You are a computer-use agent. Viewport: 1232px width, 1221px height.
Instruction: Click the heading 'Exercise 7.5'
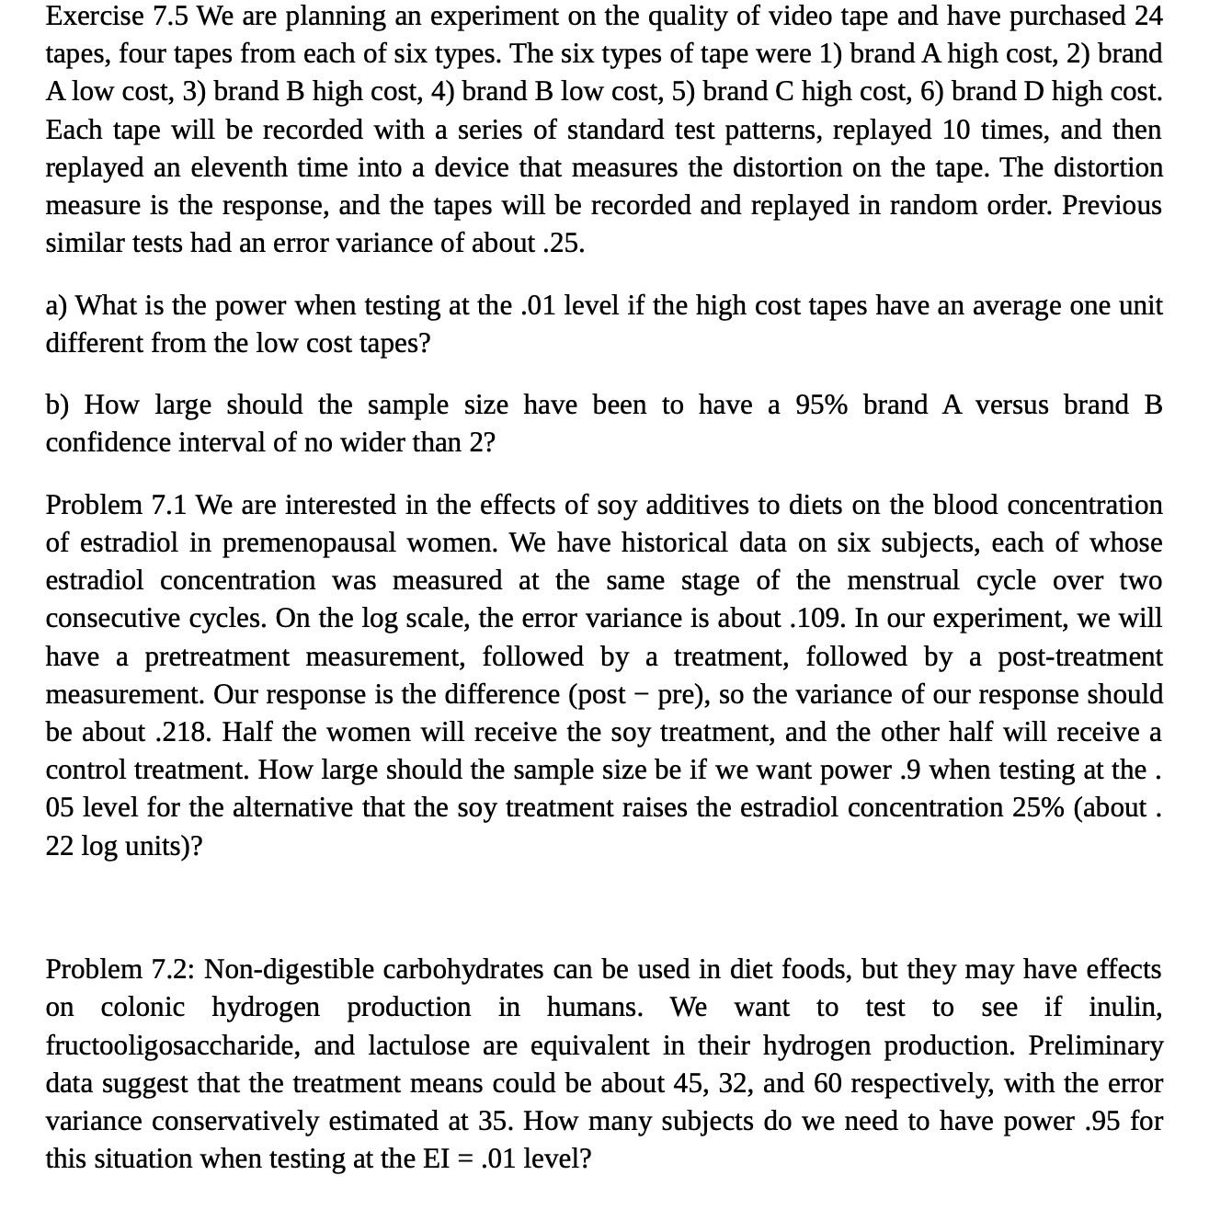pyautogui.click(x=117, y=17)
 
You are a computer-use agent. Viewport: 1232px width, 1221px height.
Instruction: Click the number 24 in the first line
pyautogui.click(x=1146, y=17)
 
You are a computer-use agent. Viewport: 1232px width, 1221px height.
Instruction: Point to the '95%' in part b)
pyautogui.click(x=821, y=405)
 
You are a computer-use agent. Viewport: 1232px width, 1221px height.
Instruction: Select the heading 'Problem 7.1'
pyautogui.click(x=117, y=506)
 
